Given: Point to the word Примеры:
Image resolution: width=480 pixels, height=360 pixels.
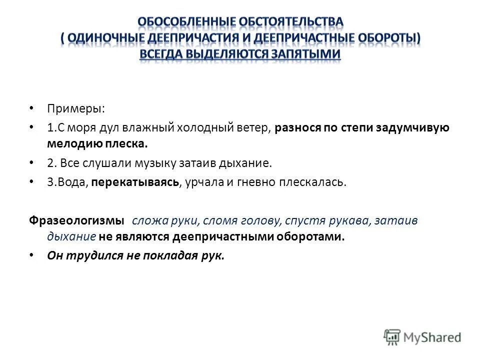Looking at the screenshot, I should click(x=69, y=109).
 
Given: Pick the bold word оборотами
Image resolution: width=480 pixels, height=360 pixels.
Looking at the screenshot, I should click(x=314, y=236).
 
